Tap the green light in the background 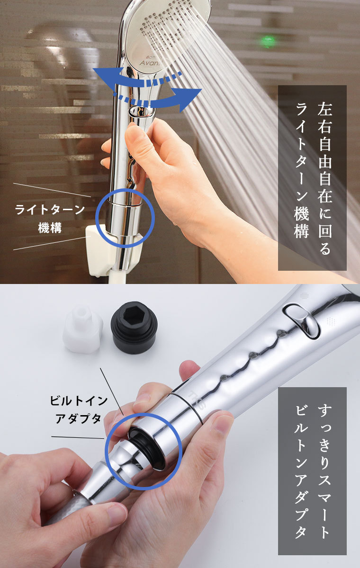pos(268,42)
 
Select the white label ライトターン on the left pos(50,210)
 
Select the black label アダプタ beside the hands pos(79,419)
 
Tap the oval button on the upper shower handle pos(142,112)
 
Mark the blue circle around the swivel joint pos(125,218)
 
